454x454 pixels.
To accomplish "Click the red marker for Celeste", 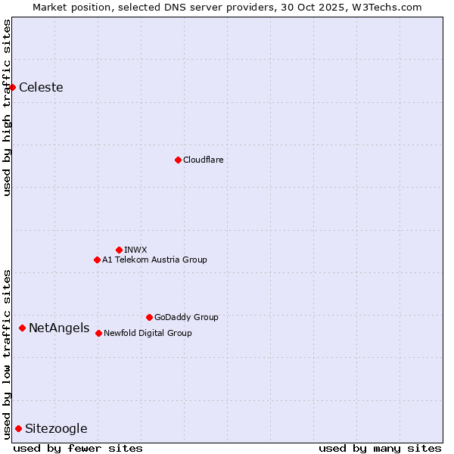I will pos(12,87).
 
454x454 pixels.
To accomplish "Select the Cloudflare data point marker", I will pos(178,160).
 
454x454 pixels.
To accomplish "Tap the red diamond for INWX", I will pos(119,250).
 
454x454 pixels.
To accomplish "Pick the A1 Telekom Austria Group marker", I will pos(97,260).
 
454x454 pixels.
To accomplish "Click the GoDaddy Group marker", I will pos(149,317).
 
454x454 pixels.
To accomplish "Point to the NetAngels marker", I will pos(22,328).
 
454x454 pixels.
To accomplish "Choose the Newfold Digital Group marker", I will pos(98,333).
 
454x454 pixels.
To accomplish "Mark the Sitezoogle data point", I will pos(18,428).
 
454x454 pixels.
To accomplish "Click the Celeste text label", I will pos(41,87).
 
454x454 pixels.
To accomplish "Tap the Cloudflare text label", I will pos(203,160).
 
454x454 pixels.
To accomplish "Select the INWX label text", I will pos(135,250).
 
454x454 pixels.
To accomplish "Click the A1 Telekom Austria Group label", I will pos(154,260).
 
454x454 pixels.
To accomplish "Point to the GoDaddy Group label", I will pos(186,317).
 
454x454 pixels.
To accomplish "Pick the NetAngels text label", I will pos(59,328).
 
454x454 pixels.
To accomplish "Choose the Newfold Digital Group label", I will pos(148,333).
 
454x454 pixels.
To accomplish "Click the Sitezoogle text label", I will pos(56,429).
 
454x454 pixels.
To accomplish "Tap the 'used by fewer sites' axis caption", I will pos(78,448).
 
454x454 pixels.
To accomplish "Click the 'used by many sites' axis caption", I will pos(380,448).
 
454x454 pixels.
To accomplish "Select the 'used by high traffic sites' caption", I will pos(7,107).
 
